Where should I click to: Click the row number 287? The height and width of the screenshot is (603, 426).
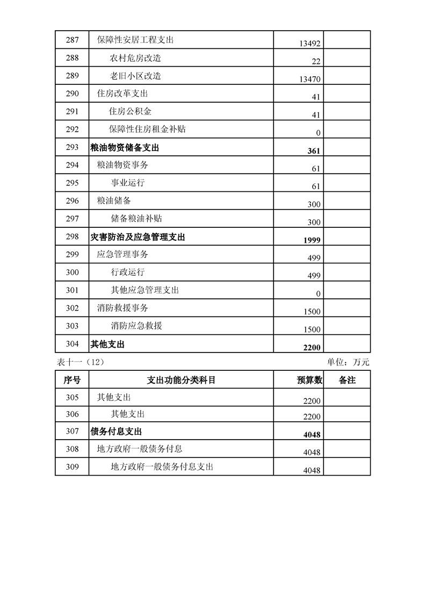(x=72, y=40)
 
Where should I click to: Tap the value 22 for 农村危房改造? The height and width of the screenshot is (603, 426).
(x=315, y=62)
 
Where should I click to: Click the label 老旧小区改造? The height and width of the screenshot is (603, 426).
(x=136, y=76)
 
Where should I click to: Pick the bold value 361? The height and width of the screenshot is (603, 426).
(x=314, y=151)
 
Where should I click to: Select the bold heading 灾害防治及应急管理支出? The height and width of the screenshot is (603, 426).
(x=138, y=236)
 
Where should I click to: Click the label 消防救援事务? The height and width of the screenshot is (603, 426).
(x=122, y=308)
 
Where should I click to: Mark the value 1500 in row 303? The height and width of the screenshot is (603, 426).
(x=312, y=329)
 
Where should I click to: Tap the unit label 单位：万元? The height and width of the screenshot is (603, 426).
(x=348, y=362)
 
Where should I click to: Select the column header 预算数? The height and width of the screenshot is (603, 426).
(x=309, y=380)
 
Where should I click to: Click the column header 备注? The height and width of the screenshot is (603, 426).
(x=347, y=380)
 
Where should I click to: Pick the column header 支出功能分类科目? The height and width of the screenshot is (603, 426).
(x=181, y=380)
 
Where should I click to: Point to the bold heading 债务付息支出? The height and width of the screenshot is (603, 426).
(x=116, y=431)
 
